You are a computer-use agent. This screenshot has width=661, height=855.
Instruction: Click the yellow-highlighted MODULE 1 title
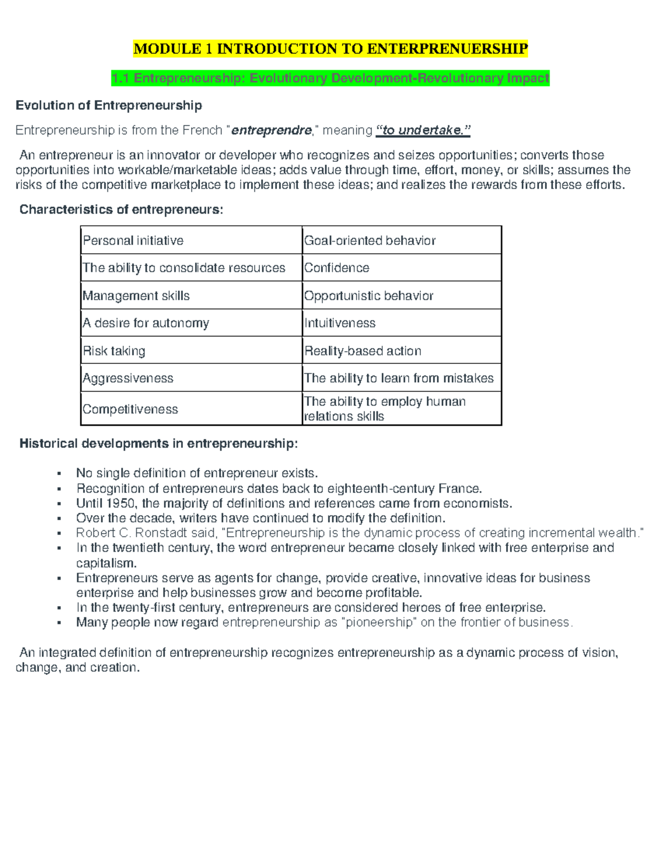330,49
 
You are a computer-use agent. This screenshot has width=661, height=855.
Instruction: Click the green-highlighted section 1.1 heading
330,78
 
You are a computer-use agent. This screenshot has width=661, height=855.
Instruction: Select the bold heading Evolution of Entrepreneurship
109,105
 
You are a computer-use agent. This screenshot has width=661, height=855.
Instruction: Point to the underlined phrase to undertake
423,130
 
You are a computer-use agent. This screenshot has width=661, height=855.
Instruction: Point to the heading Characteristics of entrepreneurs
121,210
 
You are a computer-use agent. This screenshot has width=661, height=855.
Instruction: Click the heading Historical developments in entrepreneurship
159,444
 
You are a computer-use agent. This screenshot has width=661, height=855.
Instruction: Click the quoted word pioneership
379,623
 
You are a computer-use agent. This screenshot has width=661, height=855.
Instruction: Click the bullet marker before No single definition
58,473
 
